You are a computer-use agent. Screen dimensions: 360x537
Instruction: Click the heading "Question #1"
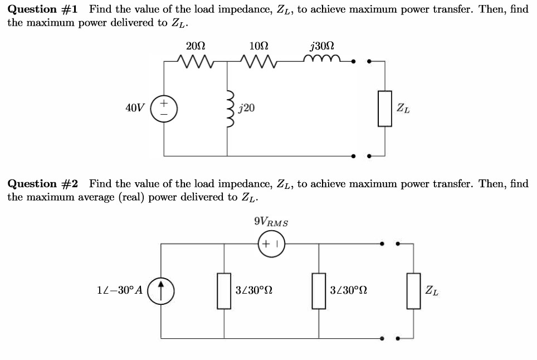[43, 9]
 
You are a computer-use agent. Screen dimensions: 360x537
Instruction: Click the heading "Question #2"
[43, 184]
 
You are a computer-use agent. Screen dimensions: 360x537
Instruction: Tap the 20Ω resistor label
[195, 46]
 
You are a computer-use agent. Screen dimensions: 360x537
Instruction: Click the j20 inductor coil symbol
[228, 107]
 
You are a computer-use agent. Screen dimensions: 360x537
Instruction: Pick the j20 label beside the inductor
[246, 108]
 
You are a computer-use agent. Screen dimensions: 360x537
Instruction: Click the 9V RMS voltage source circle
[271, 244]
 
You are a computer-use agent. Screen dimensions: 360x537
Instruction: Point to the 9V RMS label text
[271, 222]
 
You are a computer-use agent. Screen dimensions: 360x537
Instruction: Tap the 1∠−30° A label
[120, 290]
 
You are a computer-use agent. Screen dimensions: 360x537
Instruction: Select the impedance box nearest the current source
[224, 290]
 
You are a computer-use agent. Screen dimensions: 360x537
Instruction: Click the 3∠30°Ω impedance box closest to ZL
[319, 290]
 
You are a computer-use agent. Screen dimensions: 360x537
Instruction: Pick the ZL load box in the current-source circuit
[413, 290]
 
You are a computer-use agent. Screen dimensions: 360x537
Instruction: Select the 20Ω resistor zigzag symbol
[196, 60]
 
